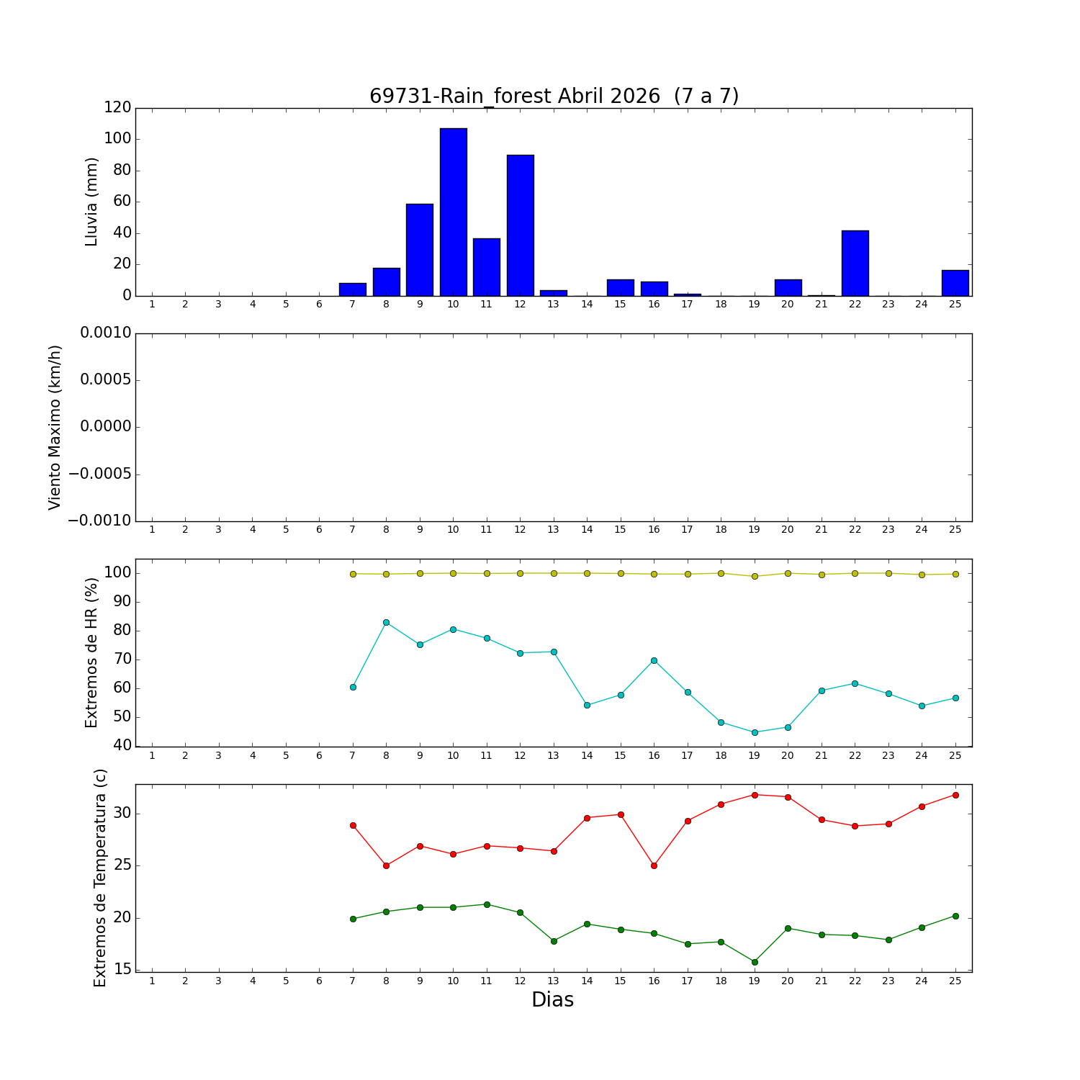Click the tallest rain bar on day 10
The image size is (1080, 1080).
tap(453, 212)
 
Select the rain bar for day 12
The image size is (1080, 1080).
tap(520, 225)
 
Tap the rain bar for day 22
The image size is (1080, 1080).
tap(855, 263)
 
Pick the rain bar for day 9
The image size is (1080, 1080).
tap(420, 250)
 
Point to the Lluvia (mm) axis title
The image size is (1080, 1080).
tap(91, 202)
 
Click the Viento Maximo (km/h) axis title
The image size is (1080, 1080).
tap(55, 428)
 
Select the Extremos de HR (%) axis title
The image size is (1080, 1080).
tap(91, 652)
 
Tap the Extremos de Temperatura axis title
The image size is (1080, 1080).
tap(100, 878)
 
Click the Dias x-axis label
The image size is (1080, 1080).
tap(552, 1000)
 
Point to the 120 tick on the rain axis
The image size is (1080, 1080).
tap(117, 107)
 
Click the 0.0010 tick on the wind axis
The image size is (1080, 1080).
tap(105, 333)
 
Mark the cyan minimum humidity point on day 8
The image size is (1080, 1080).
tap(386, 622)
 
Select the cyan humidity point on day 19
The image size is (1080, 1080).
tap(755, 732)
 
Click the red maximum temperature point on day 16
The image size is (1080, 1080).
tap(654, 865)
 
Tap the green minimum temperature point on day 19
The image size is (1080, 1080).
tap(755, 962)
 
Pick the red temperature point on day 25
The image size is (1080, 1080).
tap(955, 795)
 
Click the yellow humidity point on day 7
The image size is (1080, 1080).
tap(353, 574)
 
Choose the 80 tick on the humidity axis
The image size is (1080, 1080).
tap(123, 631)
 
